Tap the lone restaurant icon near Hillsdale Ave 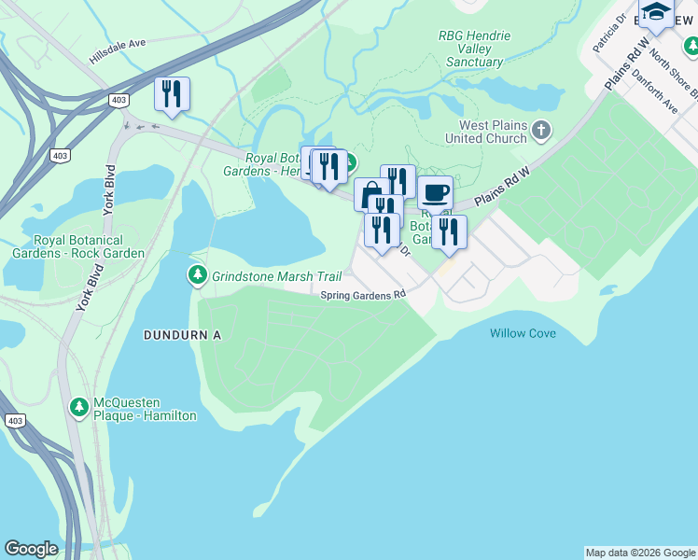pyautogui.click(x=172, y=94)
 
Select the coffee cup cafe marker pyautogui.click(x=435, y=193)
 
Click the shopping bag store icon pyautogui.click(x=369, y=194)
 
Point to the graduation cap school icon pyautogui.click(x=657, y=12)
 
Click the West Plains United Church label pyautogui.click(x=493, y=132)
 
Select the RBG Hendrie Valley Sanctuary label pyautogui.click(x=474, y=49)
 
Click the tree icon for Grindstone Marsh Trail pyautogui.click(x=197, y=276)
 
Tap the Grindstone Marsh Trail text pyautogui.click(x=276, y=277)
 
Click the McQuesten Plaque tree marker pyautogui.click(x=79, y=407)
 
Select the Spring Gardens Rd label pyautogui.click(x=363, y=295)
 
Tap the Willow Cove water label pyautogui.click(x=523, y=333)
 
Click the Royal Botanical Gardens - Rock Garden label pyautogui.click(x=77, y=246)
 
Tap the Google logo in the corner pyautogui.click(x=31, y=549)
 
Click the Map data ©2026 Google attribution pyautogui.click(x=639, y=553)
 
